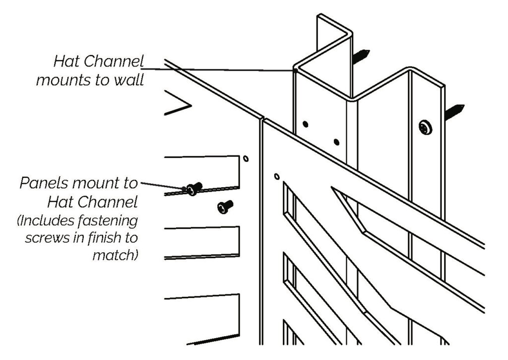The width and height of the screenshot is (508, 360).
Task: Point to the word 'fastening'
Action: click(x=108, y=220)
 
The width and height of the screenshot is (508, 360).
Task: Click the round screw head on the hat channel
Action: click(x=425, y=128)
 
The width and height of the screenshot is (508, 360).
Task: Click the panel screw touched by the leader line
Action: click(x=193, y=188)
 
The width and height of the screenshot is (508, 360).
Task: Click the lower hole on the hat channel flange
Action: click(x=337, y=143)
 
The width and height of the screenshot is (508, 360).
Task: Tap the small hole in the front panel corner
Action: click(x=277, y=176)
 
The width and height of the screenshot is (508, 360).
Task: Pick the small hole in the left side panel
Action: click(x=246, y=159)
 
